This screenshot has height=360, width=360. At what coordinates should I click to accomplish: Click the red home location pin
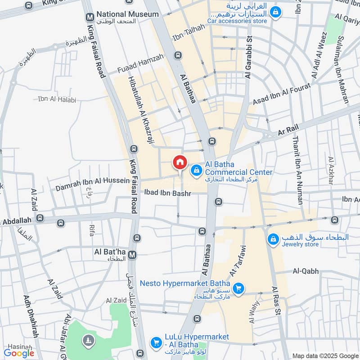[x=180, y=162]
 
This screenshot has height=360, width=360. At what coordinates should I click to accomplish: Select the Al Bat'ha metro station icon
[x=132, y=255]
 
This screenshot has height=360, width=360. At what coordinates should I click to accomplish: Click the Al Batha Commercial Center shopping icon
[x=196, y=170]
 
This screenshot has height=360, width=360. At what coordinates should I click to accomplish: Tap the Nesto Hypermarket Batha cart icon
[x=239, y=288]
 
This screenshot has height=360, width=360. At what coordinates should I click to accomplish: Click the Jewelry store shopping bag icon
[x=272, y=239]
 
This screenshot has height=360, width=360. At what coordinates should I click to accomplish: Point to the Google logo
[x=19, y=353]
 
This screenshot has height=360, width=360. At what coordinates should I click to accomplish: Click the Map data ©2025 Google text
[x=325, y=355]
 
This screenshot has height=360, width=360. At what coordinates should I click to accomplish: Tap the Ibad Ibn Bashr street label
[x=167, y=193]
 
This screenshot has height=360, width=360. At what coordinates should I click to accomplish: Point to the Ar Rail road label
[x=288, y=129]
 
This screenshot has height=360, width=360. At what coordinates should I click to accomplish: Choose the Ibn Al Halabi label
[x=57, y=99]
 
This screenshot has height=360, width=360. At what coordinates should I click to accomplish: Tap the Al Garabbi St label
[x=247, y=55]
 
